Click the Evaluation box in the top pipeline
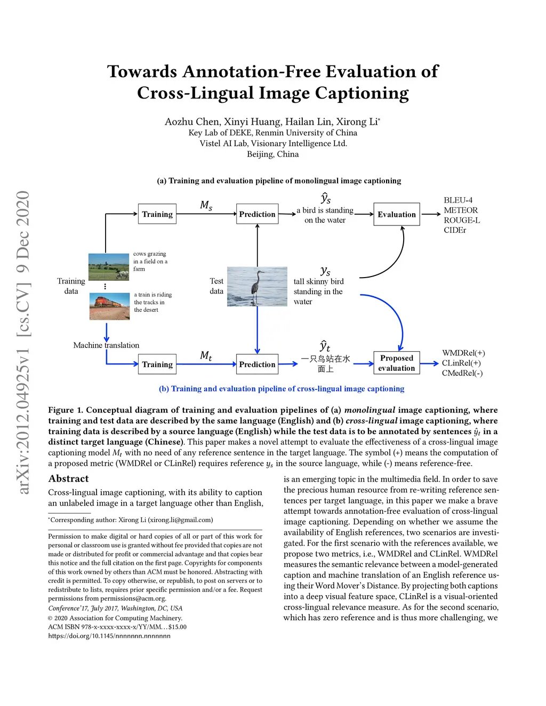click(x=396, y=214)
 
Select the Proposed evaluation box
click(x=396, y=363)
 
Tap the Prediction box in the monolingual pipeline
click(x=257, y=214)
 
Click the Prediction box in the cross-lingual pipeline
click(x=257, y=364)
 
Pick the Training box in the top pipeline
click(x=157, y=214)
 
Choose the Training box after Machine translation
click(x=157, y=364)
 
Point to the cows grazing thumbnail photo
click(x=108, y=266)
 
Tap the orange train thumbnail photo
click(x=109, y=306)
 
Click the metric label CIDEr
click(x=455, y=230)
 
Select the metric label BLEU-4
click(x=458, y=200)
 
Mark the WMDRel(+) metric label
click(x=463, y=353)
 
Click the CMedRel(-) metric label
click(x=462, y=373)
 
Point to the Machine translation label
click(x=106, y=345)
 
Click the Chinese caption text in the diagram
click(x=325, y=363)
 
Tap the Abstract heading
click(x=68, y=478)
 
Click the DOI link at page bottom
click(x=109, y=636)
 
